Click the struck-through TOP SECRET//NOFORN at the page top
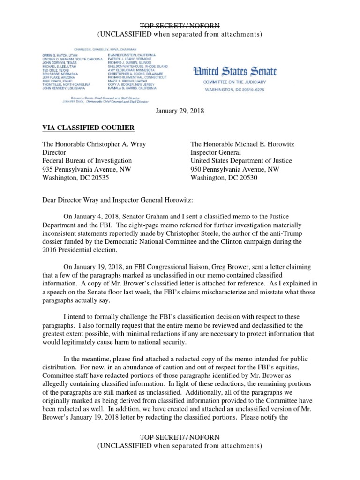click(x=180, y=26)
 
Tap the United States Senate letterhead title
click(x=236, y=72)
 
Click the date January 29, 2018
click(x=180, y=110)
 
